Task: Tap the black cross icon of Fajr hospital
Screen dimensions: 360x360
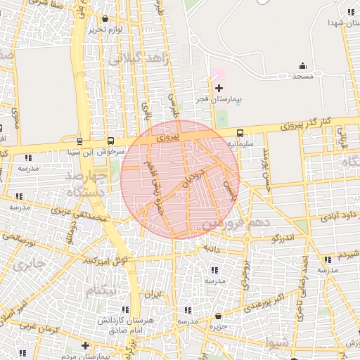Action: (219, 88)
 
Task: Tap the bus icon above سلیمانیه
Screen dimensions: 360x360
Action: (240, 132)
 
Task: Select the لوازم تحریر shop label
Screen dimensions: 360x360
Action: (106, 30)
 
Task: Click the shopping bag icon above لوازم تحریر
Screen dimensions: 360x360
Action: (105, 19)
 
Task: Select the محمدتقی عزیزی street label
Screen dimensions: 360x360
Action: (79, 220)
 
